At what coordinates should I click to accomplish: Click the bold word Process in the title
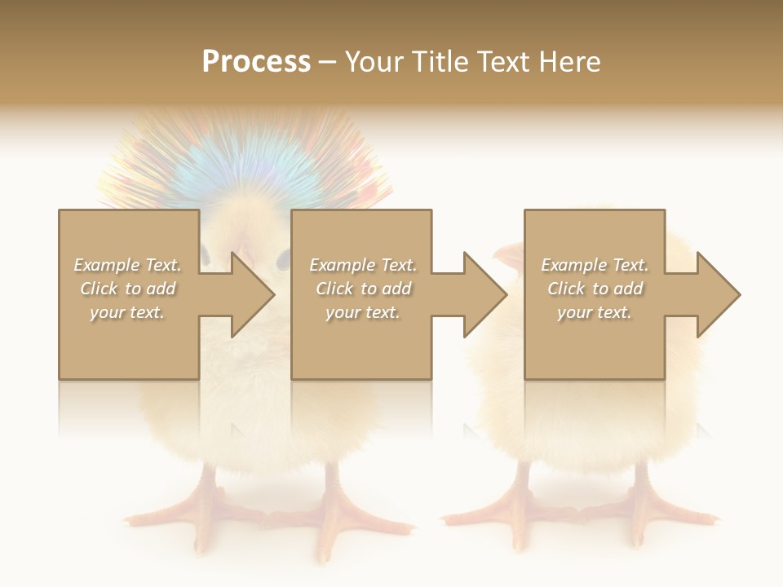[256, 62]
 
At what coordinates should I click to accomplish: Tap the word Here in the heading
[570, 62]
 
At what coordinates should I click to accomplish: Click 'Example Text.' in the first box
[128, 265]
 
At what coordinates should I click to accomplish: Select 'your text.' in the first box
[128, 312]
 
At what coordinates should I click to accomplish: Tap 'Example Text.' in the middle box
[363, 265]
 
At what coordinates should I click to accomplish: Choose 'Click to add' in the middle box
[363, 289]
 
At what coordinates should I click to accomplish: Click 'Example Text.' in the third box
[595, 265]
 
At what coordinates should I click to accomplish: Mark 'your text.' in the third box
[595, 312]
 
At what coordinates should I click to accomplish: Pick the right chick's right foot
[644, 514]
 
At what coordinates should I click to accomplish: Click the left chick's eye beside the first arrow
[283, 260]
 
